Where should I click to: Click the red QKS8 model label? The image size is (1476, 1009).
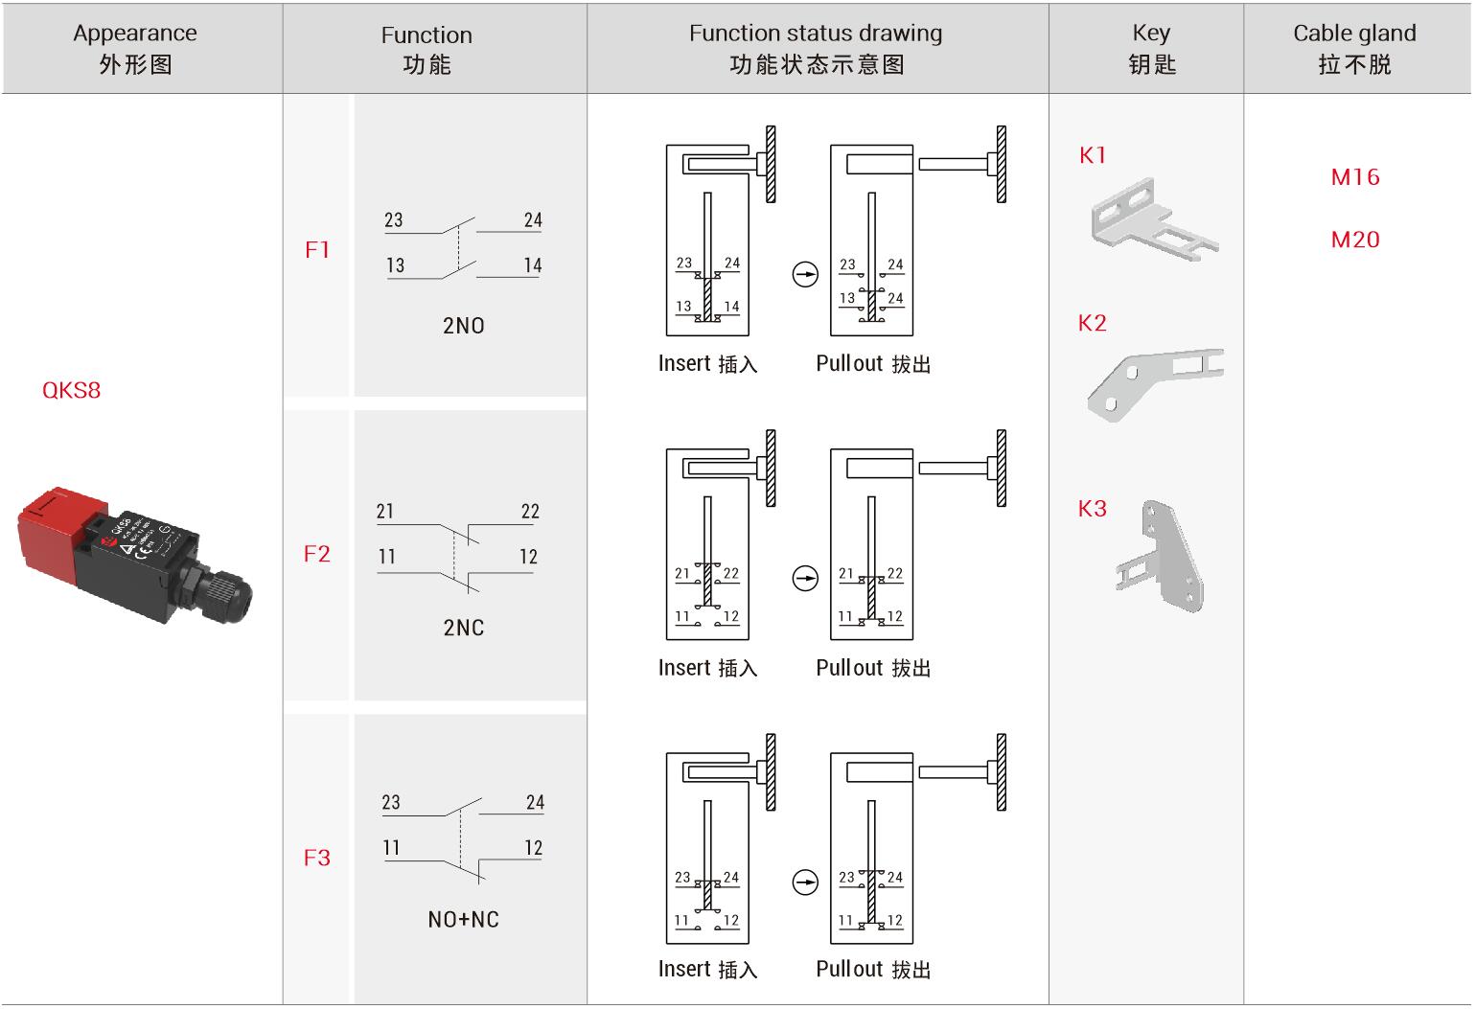(71, 390)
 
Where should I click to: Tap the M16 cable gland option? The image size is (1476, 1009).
(1354, 176)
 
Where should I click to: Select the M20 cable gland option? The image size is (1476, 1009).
(1354, 240)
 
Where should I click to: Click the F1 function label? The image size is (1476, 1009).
(317, 250)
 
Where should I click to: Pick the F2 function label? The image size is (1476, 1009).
(317, 554)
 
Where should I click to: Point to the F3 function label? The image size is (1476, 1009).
(317, 858)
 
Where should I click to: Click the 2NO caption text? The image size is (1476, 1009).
(464, 326)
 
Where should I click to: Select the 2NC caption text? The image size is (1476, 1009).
(464, 628)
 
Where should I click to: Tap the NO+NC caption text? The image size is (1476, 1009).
(464, 920)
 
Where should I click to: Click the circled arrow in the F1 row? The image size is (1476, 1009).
(805, 275)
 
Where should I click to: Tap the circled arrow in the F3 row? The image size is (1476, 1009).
(805, 883)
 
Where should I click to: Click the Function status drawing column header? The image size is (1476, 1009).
(817, 48)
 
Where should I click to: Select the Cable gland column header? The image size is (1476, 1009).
(1354, 48)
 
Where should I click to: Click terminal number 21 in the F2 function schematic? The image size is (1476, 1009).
(385, 512)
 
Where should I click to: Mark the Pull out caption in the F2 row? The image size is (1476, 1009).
(873, 668)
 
